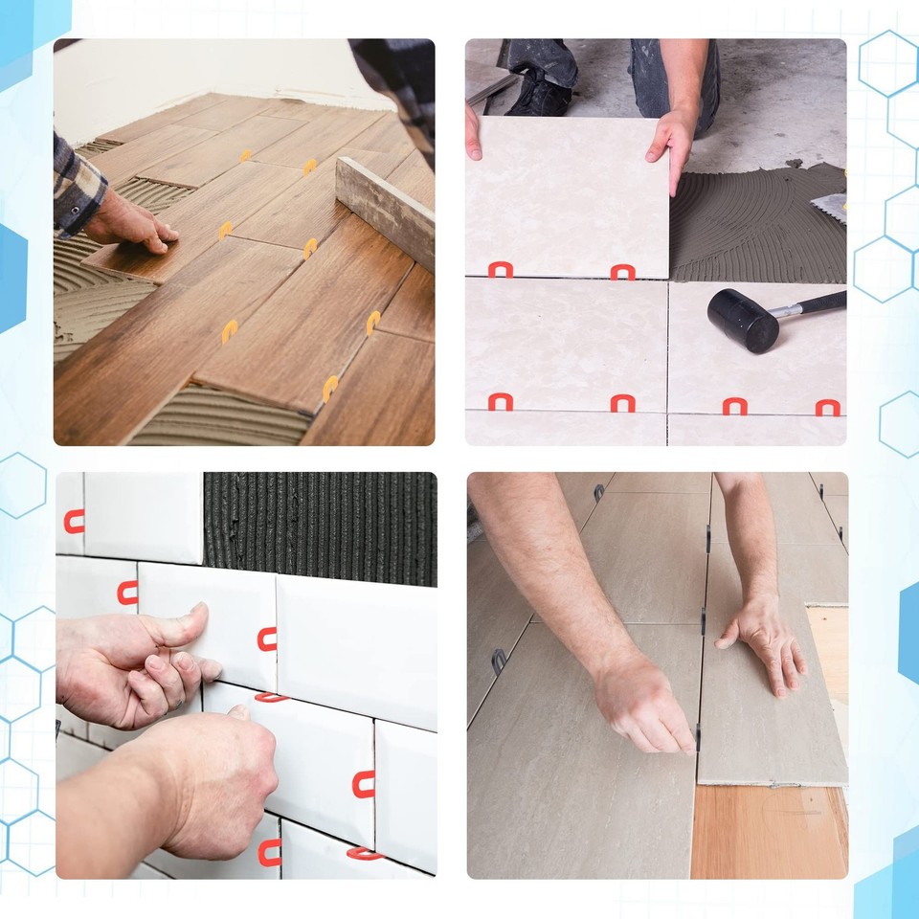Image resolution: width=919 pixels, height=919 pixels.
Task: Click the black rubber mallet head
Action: click(x=743, y=320)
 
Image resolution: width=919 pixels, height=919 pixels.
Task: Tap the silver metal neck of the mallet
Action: click(x=789, y=310)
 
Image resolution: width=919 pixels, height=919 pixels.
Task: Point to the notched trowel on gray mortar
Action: click(x=831, y=207)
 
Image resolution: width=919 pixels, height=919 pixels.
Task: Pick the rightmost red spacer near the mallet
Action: click(x=827, y=408)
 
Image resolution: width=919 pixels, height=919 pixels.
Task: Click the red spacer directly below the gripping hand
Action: click(x=622, y=272)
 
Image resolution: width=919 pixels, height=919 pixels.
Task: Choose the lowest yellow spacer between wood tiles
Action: click(x=329, y=388)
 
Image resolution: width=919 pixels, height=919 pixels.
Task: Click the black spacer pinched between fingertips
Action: click(x=698, y=737)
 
